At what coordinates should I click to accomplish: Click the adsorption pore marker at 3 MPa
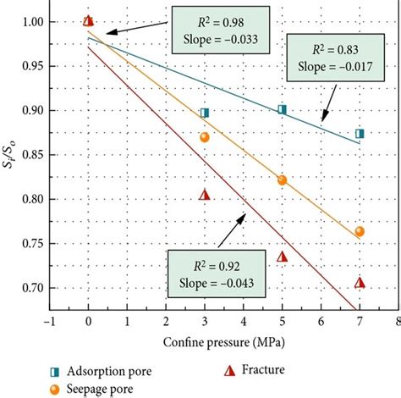[204, 113]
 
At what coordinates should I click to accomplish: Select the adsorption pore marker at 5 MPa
[282, 109]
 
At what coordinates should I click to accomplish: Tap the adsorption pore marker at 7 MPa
[360, 133]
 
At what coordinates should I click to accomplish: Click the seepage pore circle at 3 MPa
[204, 137]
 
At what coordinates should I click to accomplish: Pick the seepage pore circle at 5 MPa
[282, 180]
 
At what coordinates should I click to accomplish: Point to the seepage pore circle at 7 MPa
[360, 231]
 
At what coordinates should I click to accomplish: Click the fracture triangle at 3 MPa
[204, 195]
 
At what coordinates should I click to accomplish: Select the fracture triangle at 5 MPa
[282, 257]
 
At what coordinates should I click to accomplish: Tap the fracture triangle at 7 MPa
[360, 282]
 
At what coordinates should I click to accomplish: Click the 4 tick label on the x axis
[243, 322]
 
